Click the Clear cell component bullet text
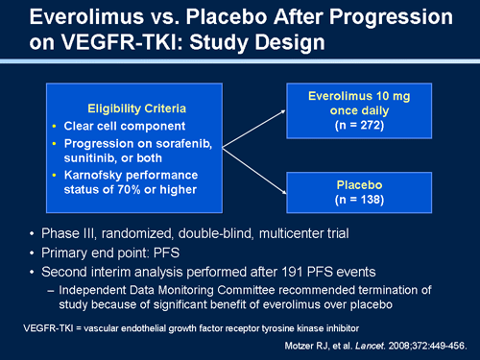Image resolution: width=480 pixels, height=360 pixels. (135, 126)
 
